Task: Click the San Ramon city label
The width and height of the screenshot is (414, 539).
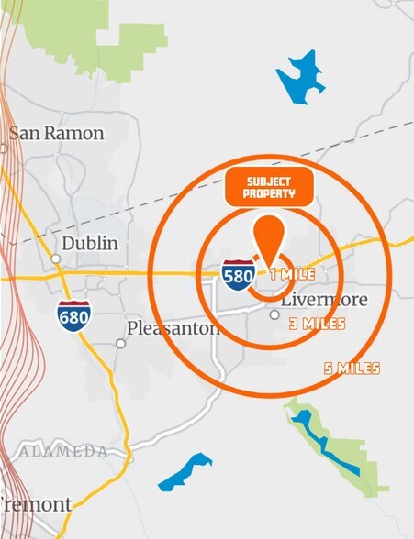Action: pos(57,133)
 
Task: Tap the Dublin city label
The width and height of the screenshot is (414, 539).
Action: pos(89,244)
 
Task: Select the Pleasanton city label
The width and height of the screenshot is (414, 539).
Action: pos(174,328)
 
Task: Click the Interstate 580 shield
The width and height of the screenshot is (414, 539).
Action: pos(239,274)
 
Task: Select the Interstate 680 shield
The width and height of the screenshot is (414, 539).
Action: pos(73,314)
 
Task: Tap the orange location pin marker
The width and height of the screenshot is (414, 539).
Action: pos(267,240)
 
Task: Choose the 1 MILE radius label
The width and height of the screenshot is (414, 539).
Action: pos(293,274)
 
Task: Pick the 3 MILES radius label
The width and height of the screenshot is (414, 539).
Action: pos(317,324)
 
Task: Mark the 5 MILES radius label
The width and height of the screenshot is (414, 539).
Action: pos(352,368)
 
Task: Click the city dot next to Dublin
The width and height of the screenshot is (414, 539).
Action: pos(56,259)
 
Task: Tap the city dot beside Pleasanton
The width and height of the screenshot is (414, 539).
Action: pos(120,344)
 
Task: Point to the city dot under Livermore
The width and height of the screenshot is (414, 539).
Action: pos(274,314)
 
